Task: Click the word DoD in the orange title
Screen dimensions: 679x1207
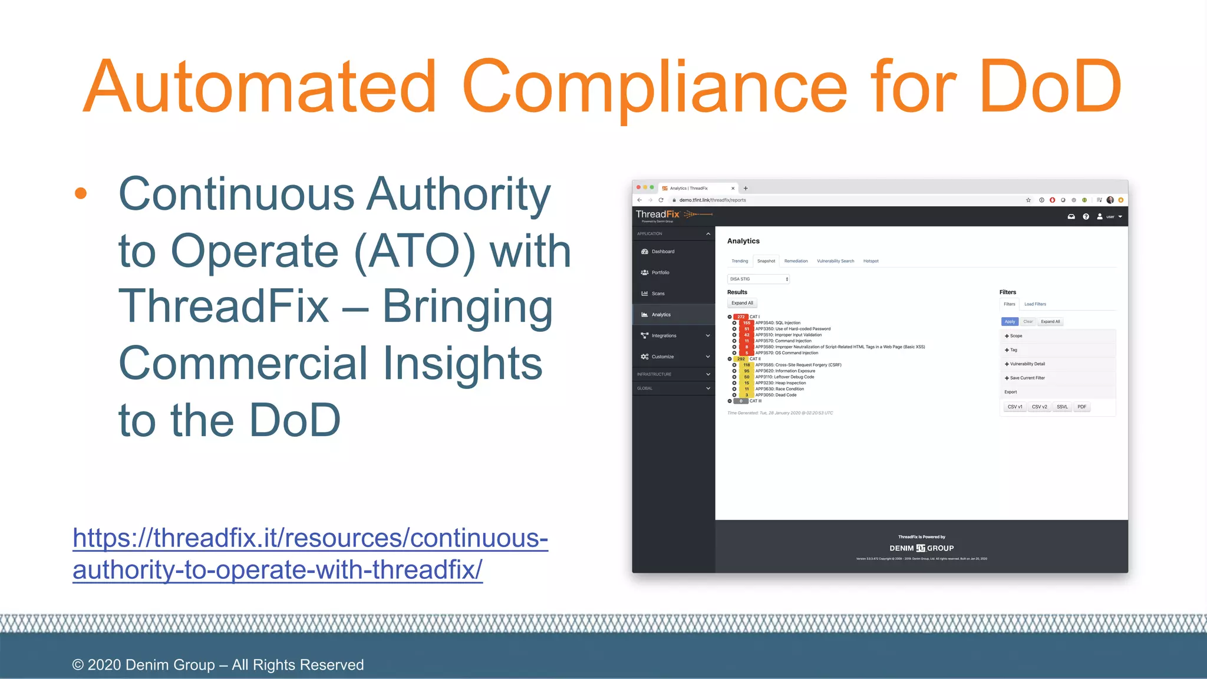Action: (1050, 87)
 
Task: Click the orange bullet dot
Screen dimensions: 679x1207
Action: (81, 193)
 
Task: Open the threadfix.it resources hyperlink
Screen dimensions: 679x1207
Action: (310, 553)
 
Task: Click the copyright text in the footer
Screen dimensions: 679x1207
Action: (218, 665)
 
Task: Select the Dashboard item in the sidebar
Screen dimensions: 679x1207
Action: (662, 252)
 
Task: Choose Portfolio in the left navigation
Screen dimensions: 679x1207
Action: (660, 273)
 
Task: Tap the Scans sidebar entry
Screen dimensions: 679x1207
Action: (658, 294)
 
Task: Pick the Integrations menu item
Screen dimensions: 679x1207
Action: (664, 336)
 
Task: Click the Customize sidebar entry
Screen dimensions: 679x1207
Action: (662, 357)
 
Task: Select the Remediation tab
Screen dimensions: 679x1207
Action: (796, 261)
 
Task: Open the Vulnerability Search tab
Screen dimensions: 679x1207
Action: (835, 261)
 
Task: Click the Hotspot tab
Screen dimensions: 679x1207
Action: (870, 261)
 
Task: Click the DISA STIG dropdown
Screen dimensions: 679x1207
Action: (759, 279)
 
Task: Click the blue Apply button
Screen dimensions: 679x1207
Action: (1010, 322)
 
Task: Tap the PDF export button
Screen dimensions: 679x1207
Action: (1081, 407)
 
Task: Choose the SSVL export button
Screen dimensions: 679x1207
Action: (1062, 407)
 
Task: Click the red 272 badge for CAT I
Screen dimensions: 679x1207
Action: (741, 317)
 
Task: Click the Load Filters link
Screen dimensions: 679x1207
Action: (1035, 304)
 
